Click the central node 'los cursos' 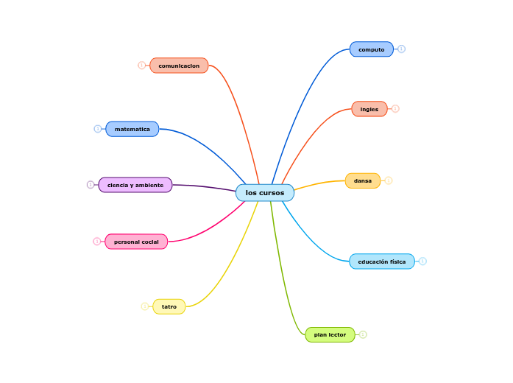tap(265, 193)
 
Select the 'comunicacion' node tap(179, 66)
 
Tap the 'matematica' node tap(132, 129)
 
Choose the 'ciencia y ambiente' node tap(135, 185)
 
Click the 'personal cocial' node tap(136, 242)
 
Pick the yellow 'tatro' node tap(169, 306)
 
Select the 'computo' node tap(372, 49)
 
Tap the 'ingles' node tap(369, 109)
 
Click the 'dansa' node tap(363, 180)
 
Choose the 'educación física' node tap(382, 261)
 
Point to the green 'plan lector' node tap(330, 334)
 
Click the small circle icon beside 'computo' tap(401, 49)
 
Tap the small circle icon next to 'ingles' tap(395, 109)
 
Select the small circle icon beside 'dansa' tap(389, 180)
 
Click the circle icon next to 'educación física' tap(422, 261)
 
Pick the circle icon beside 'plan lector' tap(363, 334)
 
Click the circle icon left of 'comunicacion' tap(142, 66)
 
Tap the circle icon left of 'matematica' tap(98, 129)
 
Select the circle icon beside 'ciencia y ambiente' tap(91, 185)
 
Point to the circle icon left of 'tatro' tap(145, 306)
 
